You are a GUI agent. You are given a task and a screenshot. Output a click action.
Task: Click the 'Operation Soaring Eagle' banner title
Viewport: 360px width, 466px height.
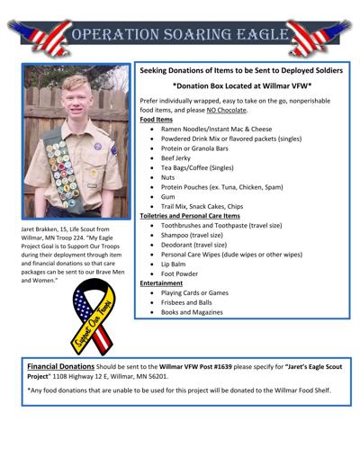pyautogui.click(x=180, y=34)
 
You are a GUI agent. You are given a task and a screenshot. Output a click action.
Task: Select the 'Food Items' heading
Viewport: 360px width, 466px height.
pyautogui.click(x=157, y=119)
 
